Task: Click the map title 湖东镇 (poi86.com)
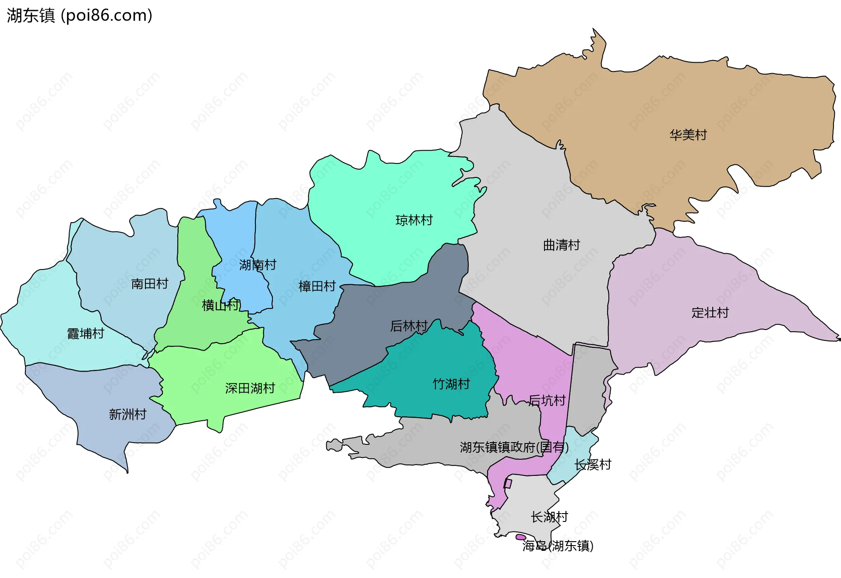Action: [79, 15]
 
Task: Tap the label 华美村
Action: [688, 135]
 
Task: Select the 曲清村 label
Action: [561, 245]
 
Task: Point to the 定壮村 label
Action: [710, 313]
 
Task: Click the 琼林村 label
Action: [414, 220]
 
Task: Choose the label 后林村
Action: [409, 326]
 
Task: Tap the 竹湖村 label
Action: [451, 384]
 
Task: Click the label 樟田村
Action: [317, 287]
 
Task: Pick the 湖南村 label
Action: [258, 265]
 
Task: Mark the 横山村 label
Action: [221, 305]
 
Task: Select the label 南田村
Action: [150, 284]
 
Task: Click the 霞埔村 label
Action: [85, 334]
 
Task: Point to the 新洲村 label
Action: [127, 415]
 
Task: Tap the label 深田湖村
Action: [250, 388]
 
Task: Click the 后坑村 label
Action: [547, 401]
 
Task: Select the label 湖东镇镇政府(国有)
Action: [514, 447]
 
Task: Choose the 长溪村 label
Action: [593, 465]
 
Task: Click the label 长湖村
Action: [549, 517]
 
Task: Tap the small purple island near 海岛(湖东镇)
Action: [520, 537]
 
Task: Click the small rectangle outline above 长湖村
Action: [508, 484]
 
